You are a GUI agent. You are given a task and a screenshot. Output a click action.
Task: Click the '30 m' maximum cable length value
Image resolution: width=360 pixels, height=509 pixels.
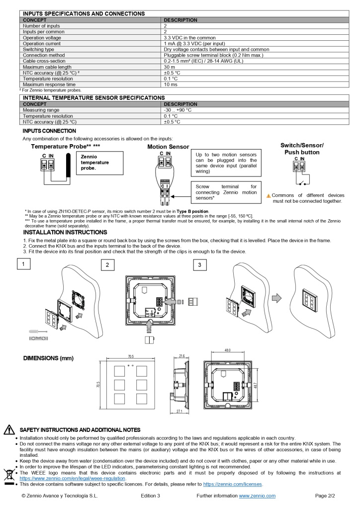(x=169, y=67)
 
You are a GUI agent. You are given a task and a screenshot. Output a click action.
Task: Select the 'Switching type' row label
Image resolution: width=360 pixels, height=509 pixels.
(x=38, y=49)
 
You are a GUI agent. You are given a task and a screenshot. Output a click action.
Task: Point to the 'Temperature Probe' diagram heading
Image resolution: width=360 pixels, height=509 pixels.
(x=65, y=147)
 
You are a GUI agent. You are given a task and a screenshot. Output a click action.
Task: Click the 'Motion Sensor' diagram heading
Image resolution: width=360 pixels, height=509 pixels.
(x=168, y=147)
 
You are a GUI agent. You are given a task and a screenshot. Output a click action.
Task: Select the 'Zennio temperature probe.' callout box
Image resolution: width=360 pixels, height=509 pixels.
(x=98, y=163)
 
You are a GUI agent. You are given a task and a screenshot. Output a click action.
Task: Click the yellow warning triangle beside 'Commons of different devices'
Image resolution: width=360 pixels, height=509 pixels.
(x=269, y=196)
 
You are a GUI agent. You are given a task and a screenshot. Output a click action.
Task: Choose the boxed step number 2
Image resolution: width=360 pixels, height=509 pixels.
(x=107, y=265)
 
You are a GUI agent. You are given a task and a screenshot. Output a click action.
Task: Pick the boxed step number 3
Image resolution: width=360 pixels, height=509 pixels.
(x=199, y=265)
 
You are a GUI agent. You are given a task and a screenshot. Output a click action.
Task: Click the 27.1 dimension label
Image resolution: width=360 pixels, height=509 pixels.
(x=179, y=412)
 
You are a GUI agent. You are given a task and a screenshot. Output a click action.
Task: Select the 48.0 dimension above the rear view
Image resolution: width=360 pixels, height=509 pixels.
(x=228, y=350)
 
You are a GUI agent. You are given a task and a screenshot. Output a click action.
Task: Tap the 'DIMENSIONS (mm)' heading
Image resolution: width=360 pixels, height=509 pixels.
(x=48, y=358)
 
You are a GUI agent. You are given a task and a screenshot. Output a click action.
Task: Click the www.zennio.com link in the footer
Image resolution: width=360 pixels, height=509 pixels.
(x=257, y=496)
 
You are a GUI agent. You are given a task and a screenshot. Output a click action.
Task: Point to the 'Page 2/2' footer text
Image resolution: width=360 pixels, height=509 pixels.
(x=325, y=496)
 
